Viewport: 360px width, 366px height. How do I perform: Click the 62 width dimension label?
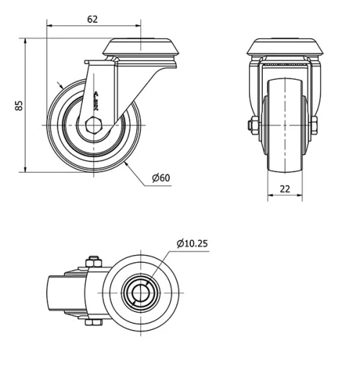click(x=92, y=19)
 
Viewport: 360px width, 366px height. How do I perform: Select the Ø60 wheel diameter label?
click(x=161, y=177)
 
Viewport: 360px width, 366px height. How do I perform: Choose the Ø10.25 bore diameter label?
click(x=192, y=243)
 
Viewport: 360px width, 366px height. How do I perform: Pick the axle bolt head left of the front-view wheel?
click(x=251, y=125)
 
